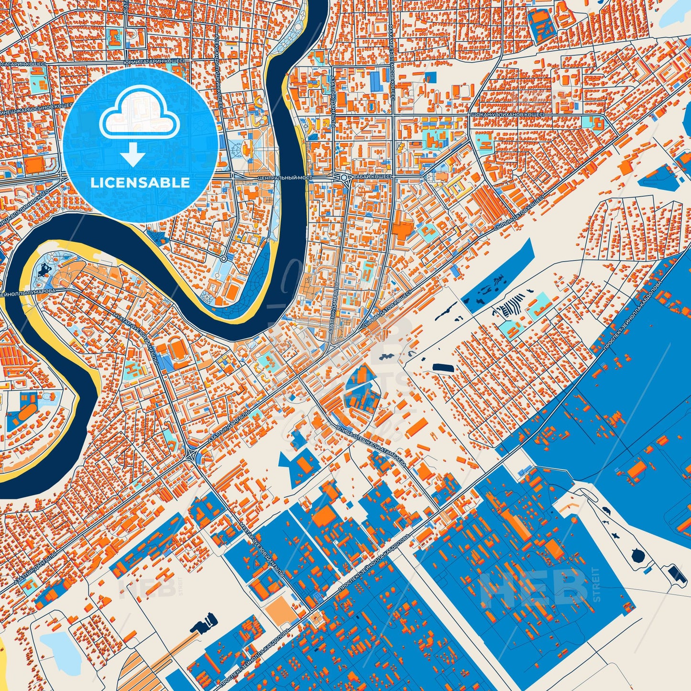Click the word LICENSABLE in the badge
point(140,183)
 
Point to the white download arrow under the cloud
point(132,156)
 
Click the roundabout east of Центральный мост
point(344,177)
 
